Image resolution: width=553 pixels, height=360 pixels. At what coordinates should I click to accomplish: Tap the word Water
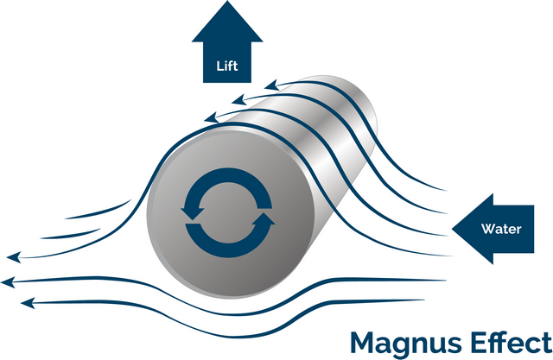pos(501,230)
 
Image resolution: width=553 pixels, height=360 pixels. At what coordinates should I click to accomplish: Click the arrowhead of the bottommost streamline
pos(26,302)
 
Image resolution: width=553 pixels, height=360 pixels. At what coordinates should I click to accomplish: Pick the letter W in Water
pos(486,230)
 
